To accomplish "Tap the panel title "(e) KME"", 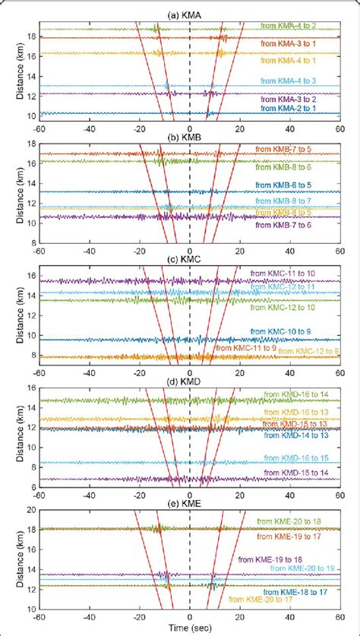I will point(188,502).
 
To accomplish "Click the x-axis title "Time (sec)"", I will point(188,629).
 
